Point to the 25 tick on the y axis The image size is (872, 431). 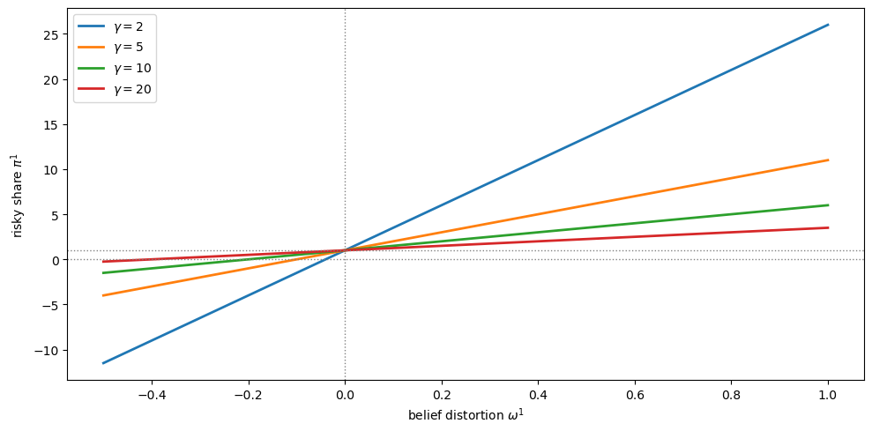click(51, 34)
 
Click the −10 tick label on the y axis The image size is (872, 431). click(48, 350)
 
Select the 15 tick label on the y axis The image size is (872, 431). click(51, 124)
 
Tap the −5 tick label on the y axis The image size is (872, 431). click(51, 305)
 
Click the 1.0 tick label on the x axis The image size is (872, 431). click(828, 395)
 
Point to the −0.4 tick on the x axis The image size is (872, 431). click(152, 395)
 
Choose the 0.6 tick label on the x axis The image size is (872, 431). click(635, 395)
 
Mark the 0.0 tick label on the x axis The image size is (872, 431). click(345, 395)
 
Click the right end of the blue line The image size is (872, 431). click(828, 25)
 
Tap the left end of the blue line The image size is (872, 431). click(103, 363)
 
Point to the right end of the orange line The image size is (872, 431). click(828, 160)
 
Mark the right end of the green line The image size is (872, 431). click(828, 205)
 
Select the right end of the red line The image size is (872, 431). click(828, 227)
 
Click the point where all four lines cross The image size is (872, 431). click(345, 250)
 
